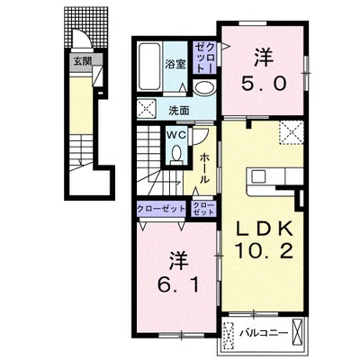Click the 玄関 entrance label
coord(82,61)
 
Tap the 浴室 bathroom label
coord(175,65)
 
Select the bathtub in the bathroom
coord(149,67)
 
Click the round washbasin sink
coord(204,88)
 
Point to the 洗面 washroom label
coord(179,111)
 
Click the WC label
coord(176,135)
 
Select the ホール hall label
coord(204,168)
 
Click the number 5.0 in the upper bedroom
coord(264,84)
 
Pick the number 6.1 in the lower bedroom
coord(178,285)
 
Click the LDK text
coord(265,229)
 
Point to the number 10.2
coord(264,251)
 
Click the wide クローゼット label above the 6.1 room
coord(161,209)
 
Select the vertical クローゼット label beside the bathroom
coord(205,58)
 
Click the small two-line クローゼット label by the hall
coord(203,209)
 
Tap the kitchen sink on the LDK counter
coord(258,176)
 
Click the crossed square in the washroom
coord(146,108)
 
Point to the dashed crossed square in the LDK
coord(291,132)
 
